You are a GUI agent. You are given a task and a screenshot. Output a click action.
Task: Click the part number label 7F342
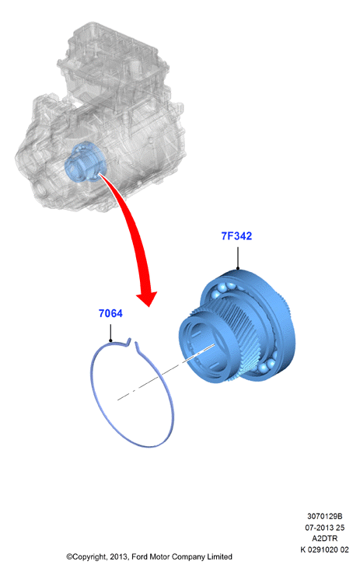click(x=236, y=236)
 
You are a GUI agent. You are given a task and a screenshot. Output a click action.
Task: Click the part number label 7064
click(x=110, y=313)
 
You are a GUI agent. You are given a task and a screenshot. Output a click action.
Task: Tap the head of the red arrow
click(x=147, y=298)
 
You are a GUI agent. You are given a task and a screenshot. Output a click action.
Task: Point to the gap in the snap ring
click(x=133, y=342)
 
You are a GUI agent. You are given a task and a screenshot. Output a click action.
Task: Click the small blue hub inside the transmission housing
click(x=85, y=162)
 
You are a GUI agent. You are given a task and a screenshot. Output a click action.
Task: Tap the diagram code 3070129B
click(x=324, y=516)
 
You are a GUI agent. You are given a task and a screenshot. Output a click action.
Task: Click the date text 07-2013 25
click(x=324, y=528)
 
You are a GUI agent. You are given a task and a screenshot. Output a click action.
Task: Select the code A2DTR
click(x=324, y=539)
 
